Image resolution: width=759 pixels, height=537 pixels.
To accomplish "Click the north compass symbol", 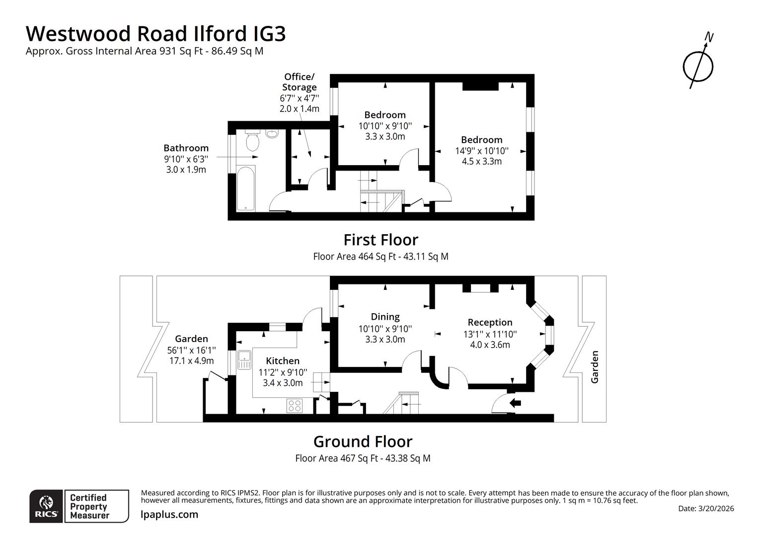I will pos(698,65).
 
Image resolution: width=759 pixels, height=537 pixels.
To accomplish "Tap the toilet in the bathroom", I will pos(252,141).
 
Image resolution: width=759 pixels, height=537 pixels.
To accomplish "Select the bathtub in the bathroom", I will pos(246,189).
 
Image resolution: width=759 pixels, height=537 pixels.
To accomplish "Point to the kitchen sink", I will pos(244,359).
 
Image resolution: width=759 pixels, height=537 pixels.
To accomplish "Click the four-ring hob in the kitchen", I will pos(295,406).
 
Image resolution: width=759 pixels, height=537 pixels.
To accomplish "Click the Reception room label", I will pos(490,322).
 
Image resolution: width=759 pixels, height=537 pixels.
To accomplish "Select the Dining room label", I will pos(385,317).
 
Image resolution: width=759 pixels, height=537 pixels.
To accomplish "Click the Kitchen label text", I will pos(283,361).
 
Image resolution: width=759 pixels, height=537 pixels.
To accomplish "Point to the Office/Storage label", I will pos(299,82).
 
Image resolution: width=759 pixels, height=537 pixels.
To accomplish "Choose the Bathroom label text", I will pos(186,148).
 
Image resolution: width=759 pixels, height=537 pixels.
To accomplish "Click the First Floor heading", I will pos(380,240).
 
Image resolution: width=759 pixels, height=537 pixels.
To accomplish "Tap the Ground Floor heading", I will pos(363,442).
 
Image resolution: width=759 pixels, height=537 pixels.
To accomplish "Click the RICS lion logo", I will pos(47,506).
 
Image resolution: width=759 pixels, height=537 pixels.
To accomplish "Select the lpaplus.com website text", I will pos(169,515).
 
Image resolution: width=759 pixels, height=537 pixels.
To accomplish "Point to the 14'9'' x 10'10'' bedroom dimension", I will pos(481,151).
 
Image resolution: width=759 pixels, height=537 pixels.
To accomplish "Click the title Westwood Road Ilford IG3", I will pos(155,33).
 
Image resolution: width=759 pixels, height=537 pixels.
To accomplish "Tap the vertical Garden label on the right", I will pos(594,367).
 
